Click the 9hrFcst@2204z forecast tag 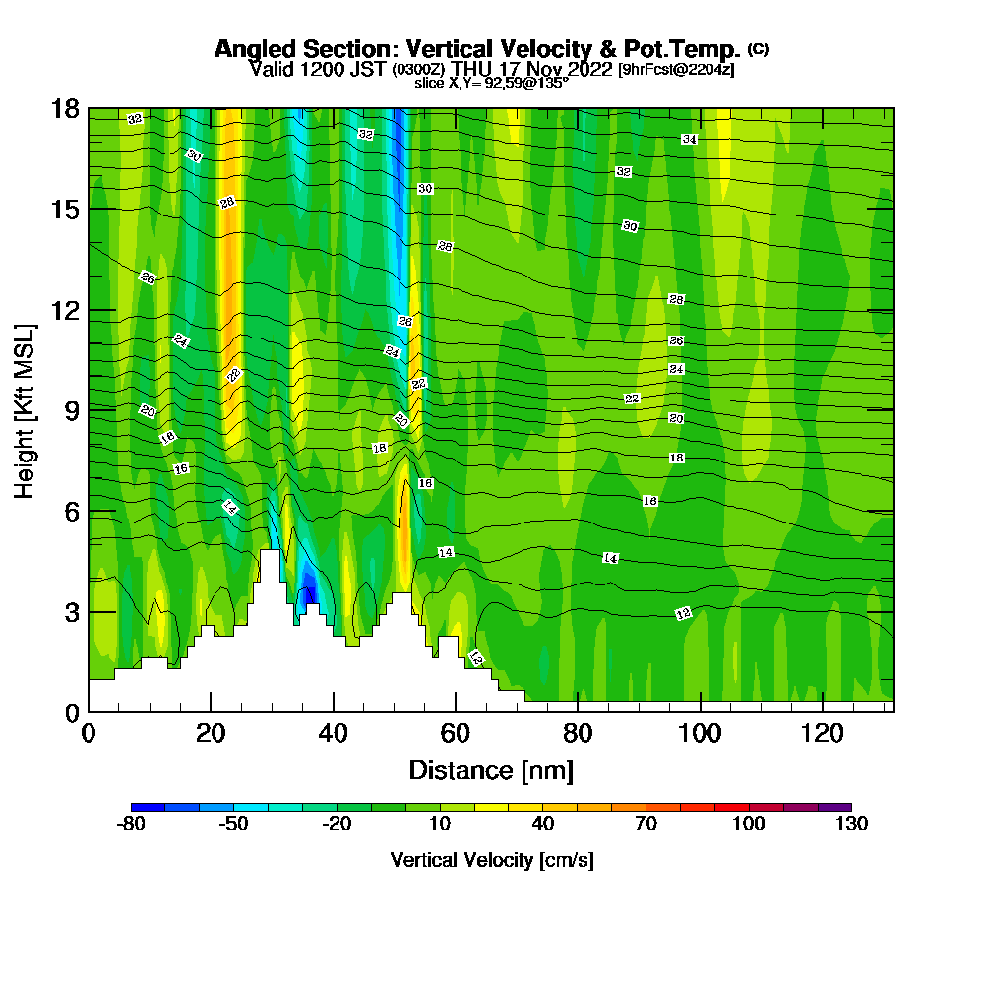676,70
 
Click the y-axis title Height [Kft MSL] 26,409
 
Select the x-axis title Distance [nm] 491,769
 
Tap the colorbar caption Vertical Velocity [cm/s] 492,860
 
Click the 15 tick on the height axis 65,210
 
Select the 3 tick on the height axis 71,611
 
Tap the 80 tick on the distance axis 578,733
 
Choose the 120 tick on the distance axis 822,733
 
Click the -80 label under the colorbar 132,825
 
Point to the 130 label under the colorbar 851,825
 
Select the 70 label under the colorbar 646,825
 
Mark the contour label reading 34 689,140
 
